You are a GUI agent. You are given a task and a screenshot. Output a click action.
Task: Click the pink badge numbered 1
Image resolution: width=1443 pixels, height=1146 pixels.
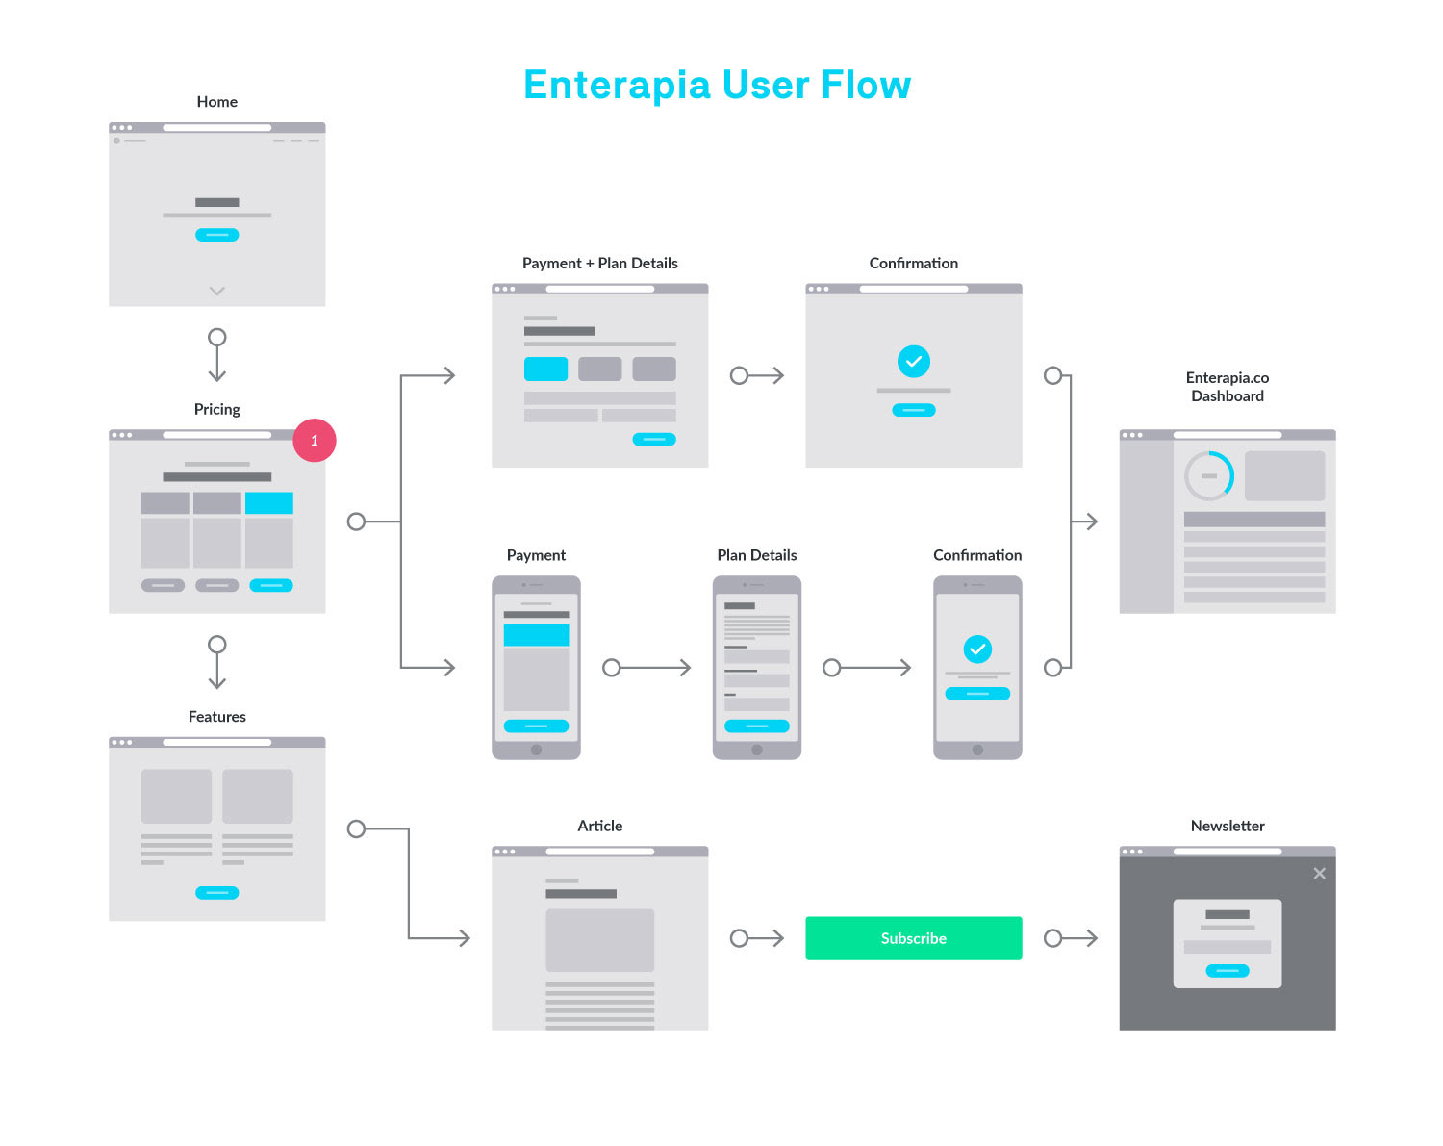[314, 440]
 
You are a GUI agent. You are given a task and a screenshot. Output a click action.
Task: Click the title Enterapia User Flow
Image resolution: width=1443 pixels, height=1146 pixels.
[717, 86]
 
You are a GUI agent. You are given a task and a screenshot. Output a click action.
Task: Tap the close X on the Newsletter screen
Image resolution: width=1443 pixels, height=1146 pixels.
[1319, 873]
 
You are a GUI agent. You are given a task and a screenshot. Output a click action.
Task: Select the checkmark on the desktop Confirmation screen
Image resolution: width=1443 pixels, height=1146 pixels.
[913, 362]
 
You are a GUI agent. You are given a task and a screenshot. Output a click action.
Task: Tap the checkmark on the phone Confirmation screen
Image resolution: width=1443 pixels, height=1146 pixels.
[977, 649]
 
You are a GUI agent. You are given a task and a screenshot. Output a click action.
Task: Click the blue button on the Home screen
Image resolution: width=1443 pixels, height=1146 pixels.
[216, 235]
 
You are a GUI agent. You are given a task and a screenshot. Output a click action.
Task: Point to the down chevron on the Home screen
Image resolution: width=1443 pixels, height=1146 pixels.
[216, 291]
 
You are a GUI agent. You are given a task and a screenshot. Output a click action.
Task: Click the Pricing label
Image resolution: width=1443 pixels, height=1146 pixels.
[216, 409]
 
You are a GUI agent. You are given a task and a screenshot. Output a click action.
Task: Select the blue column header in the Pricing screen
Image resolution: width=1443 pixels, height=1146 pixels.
[269, 502]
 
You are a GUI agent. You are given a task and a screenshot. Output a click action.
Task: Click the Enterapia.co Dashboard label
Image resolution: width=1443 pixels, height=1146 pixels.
[1228, 387]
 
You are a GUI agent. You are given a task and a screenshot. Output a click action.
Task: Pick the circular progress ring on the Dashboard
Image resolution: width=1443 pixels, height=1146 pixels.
[1209, 475]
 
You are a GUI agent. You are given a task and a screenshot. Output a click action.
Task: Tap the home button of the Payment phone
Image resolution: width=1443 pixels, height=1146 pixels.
[536, 750]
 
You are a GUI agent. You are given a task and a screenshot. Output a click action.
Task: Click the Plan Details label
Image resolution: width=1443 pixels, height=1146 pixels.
[756, 555]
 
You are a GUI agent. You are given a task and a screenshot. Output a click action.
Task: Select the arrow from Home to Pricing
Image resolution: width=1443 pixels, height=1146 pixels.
[216, 355]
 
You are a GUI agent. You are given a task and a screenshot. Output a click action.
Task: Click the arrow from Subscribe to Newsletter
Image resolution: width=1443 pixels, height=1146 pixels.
[1070, 937]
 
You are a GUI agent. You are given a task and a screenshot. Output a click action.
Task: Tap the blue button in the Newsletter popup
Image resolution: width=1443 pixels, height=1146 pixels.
[1228, 970]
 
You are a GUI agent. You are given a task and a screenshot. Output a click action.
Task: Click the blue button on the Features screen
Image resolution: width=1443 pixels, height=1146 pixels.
[216, 892]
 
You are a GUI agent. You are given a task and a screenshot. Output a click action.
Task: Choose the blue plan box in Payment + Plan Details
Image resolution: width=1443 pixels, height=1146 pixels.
[545, 369]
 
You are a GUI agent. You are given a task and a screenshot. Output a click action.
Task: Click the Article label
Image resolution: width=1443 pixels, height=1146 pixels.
[599, 826]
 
